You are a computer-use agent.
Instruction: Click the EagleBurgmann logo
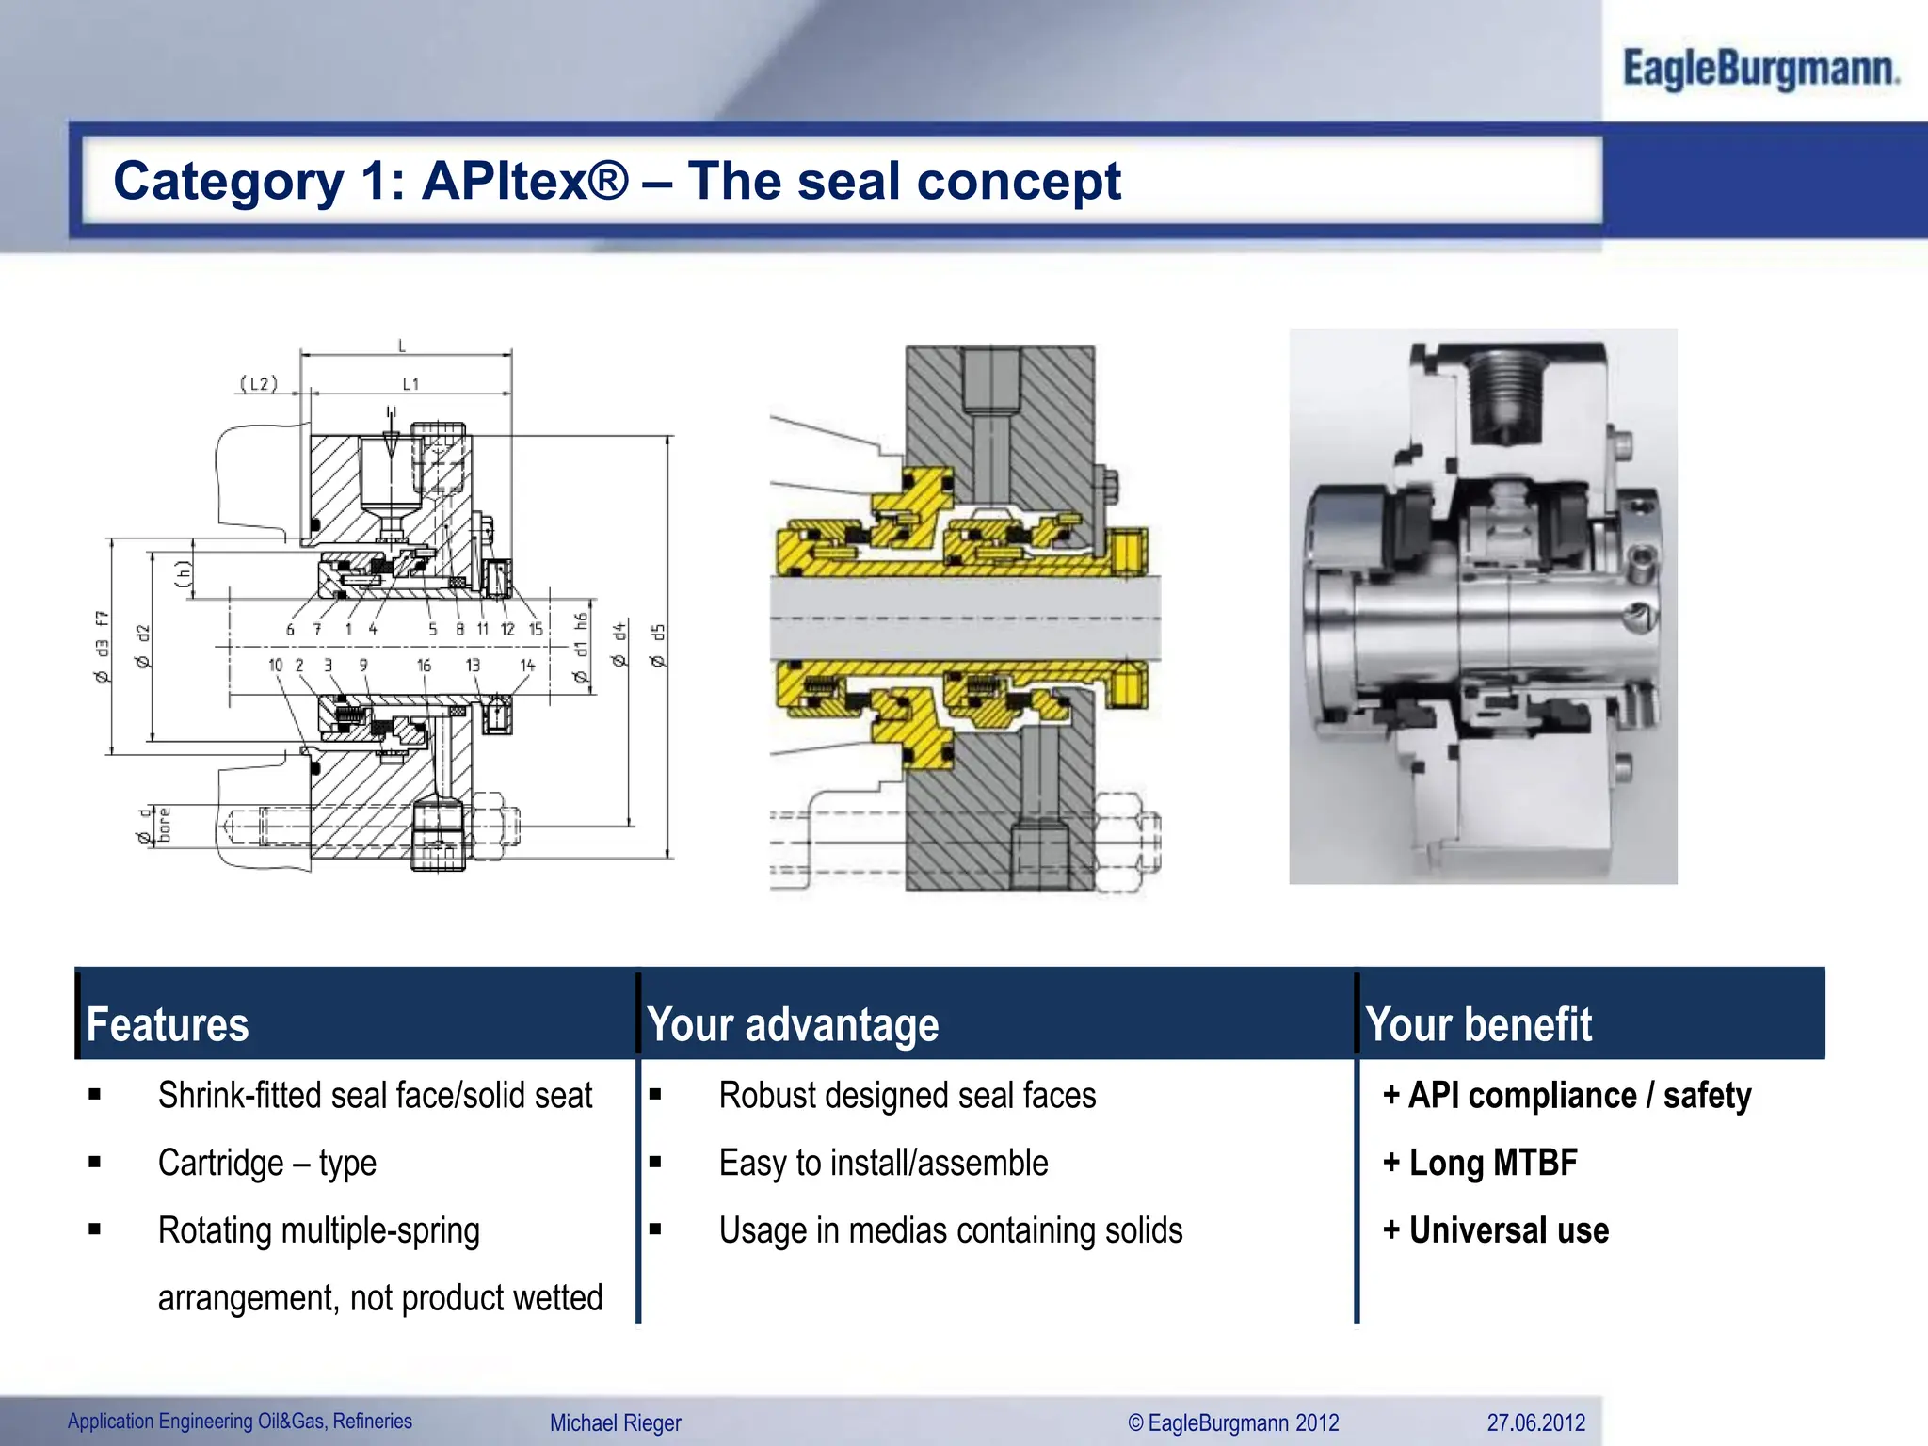coord(1759,70)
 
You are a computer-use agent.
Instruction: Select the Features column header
coord(168,1024)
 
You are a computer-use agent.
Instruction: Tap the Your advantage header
coord(793,1024)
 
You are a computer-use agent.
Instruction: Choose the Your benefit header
coord(1478,1024)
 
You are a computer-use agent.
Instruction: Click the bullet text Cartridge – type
coord(267,1164)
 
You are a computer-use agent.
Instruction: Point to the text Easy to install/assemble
coord(883,1164)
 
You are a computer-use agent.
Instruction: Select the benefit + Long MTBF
coord(1480,1164)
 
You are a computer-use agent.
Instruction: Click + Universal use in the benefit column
coord(1496,1230)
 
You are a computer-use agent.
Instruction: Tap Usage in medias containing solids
coord(950,1230)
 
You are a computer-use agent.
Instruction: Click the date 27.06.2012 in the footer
coord(1535,1422)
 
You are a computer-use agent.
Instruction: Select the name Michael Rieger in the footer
coord(615,1422)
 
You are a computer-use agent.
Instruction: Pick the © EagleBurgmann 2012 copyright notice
coord(1233,1422)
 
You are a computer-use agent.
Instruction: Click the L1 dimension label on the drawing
coord(410,384)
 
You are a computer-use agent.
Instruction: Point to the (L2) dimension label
coord(259,383)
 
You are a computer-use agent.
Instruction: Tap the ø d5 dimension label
coord(658,646)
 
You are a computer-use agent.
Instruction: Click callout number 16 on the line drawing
coord(424,666)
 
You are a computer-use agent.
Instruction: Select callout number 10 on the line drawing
coord(275,666)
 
